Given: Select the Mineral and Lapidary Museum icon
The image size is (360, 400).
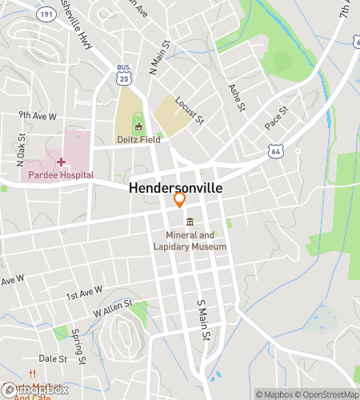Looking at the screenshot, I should coord(190,222).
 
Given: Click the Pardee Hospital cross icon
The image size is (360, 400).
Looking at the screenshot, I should coord(60,162).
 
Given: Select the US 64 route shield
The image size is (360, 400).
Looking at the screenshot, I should coord(276,150).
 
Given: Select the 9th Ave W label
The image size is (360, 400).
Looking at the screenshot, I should coord(38,115).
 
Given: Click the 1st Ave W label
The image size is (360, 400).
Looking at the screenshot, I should coord(85,293).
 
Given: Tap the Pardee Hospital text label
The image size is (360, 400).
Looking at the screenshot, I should coord(61,174).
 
